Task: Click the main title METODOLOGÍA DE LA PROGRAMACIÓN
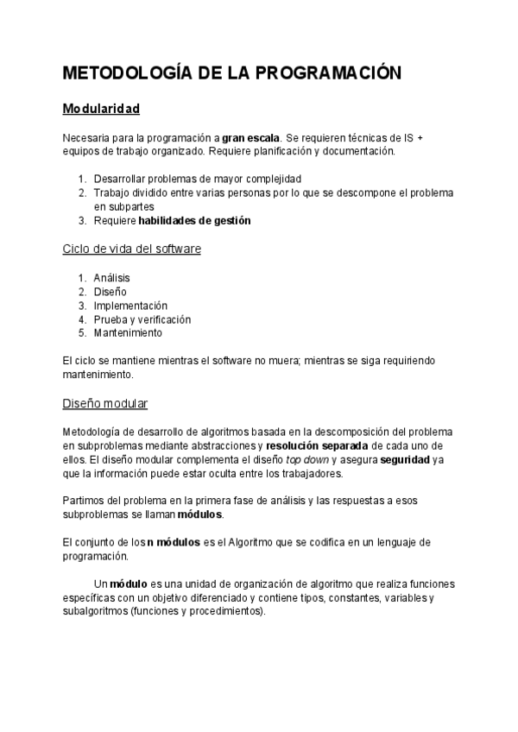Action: (x=232, y=74)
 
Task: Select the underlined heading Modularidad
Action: (x=101, y=110)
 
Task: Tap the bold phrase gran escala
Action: (x=250, y=137)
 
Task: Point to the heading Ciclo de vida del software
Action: (x=132, y=249)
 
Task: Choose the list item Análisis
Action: (x=112, y=278)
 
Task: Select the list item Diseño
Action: (x=110, y=292)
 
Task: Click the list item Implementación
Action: (x=130, y=306)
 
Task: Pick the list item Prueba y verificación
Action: (x=142, y=319)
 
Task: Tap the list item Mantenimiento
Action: (x=128, y=333)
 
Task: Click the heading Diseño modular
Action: (x=105, y=403)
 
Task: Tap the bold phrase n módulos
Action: (x=179, y=542)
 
